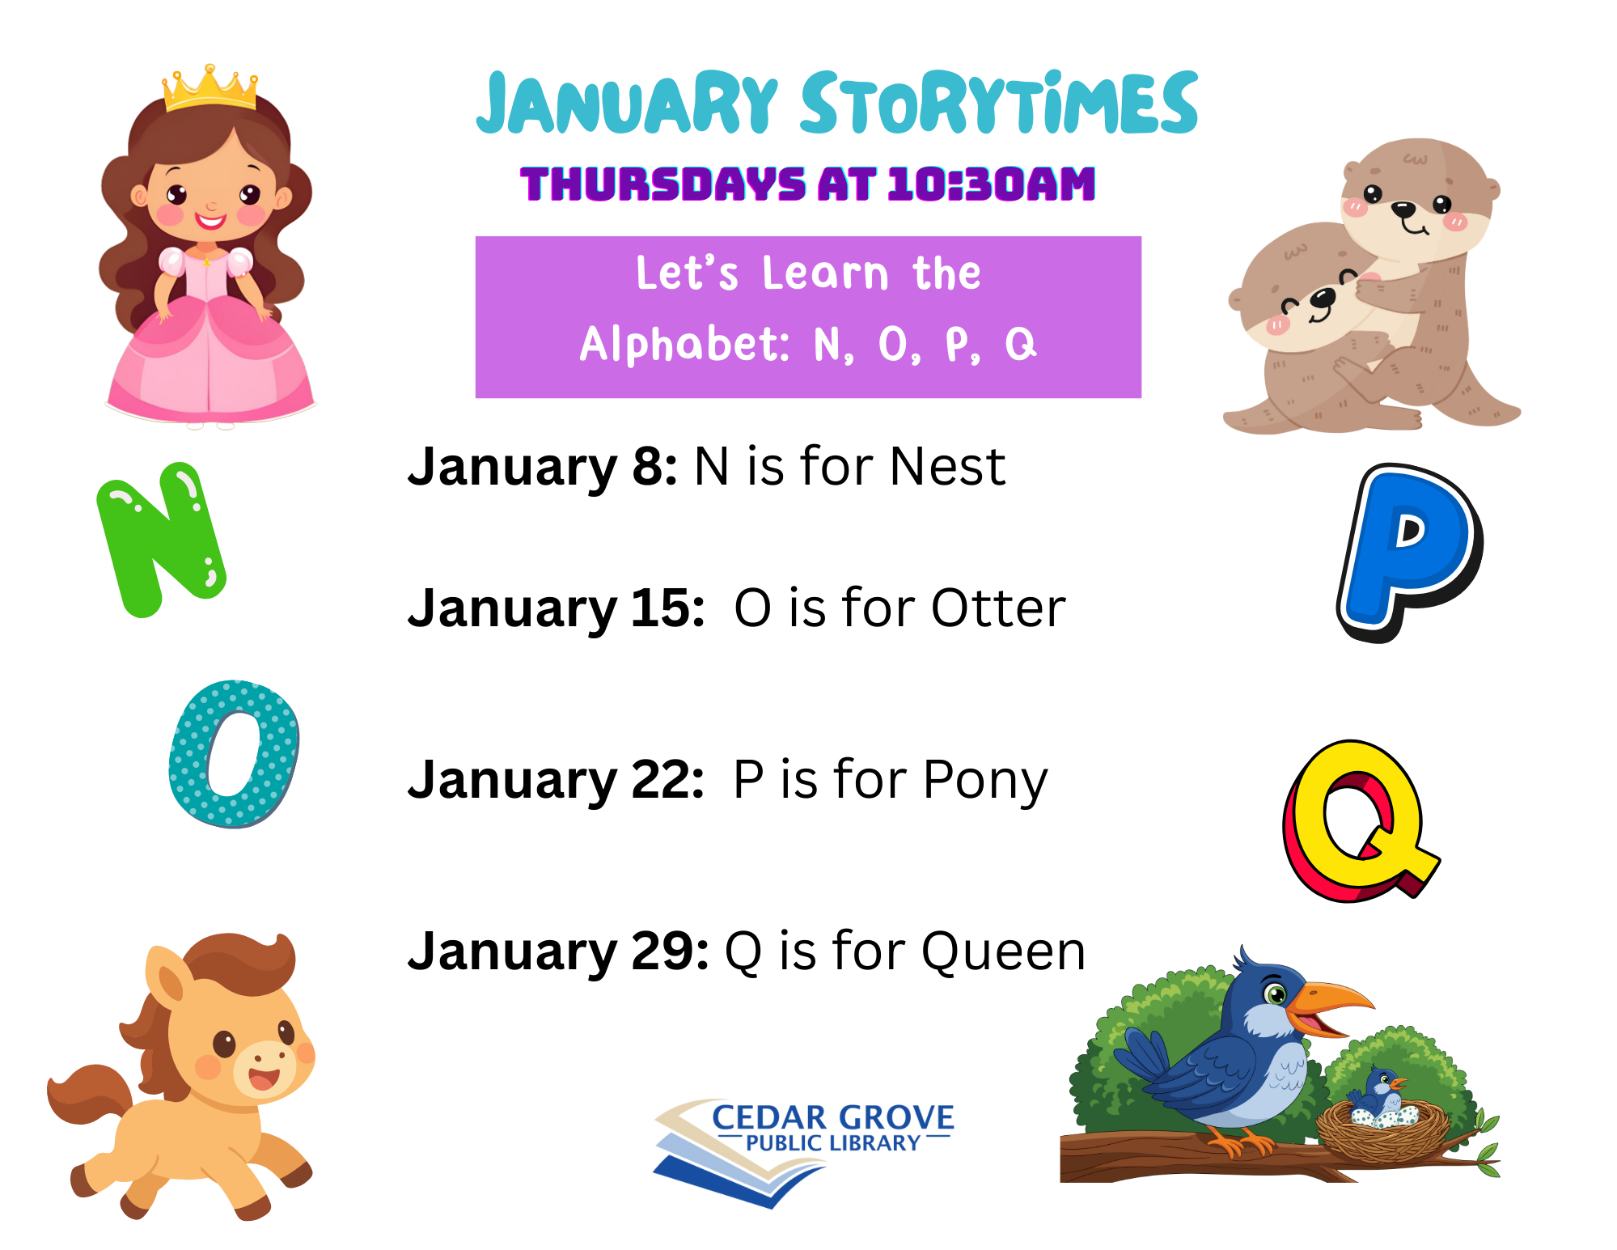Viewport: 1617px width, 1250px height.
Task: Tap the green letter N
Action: pos(162,538)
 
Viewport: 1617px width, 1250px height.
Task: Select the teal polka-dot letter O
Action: pos(234,754)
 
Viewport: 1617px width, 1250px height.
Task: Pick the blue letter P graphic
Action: pos(1410,553)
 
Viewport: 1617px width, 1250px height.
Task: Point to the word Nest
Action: pos(947,467)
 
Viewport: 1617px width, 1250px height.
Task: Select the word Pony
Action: pos(984,781)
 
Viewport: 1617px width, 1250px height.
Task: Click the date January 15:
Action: pos(557,608)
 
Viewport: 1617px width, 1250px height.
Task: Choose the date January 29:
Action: pos(559,951)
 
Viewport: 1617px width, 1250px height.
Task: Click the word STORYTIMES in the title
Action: pos(999,103)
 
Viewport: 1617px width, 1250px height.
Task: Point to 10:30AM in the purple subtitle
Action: pos(992,184)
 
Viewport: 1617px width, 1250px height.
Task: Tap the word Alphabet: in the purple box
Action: pos(685,345)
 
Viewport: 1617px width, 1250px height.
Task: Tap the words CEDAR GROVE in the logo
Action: pos(832,1117)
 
